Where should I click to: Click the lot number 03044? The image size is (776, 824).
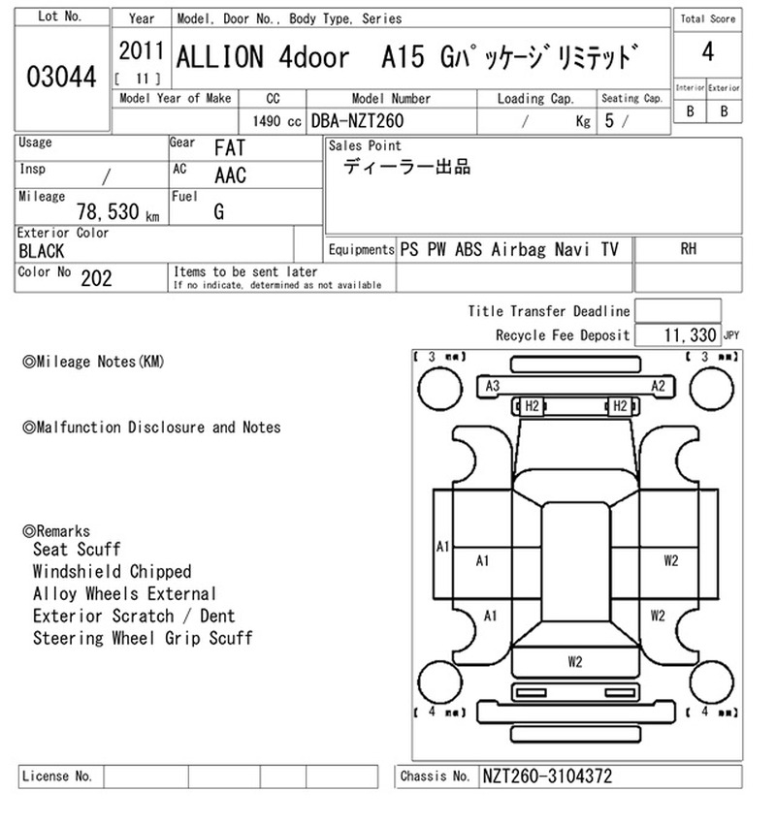tap(61, 77)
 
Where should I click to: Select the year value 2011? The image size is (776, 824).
tap(141, 51)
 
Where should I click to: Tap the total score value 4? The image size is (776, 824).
tap(708, 52)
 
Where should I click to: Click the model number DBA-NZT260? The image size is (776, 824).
tap(358, 121)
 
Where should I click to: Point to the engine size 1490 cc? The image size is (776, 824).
tap(277, 121)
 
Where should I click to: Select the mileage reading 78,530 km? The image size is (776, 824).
tap(117, 211)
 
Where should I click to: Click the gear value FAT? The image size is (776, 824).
tap(230, 148)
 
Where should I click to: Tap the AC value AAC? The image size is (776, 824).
tap(230, 175)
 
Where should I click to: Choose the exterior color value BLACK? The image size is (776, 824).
tap(41, 251)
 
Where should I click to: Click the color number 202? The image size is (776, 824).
tap(96, 278)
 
